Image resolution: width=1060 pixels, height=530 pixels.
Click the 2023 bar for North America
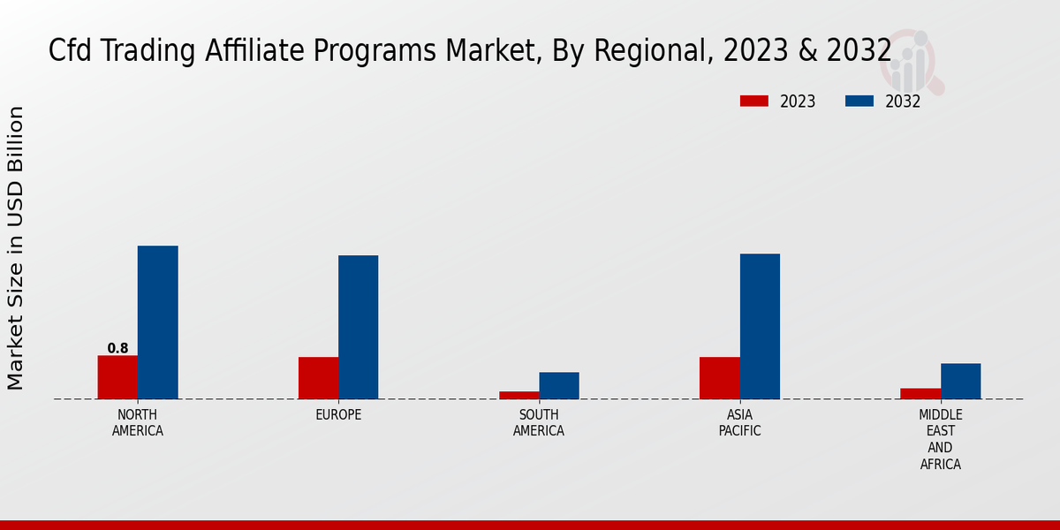pyautogui.click(x=117, y=377)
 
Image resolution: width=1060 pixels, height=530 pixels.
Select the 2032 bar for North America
pyautogui.click(x=158, y=322)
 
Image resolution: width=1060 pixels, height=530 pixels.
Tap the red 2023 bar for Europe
pyautogui.click(x=318, y=378)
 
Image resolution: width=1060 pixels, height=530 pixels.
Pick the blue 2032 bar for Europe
pyautogui.click(x=359, y=327)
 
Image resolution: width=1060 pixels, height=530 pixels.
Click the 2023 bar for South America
pyautogui.click(x=519, y=395)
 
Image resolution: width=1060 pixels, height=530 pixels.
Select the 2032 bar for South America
pyautogui.click(x=559, y=385)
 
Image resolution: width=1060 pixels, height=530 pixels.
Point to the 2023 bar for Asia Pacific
pyautogui.click(x=720, y=378)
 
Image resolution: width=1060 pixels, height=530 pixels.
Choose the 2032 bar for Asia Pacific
pyautogui.click(x=760, y=326)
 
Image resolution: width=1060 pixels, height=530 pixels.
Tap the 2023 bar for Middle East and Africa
pyautogui.click(x=920, y=393)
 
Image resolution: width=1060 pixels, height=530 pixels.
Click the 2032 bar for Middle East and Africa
pyautogui.click(x=960, y=381)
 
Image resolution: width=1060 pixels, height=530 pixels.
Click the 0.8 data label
pyautogui.click(x=117, y=348)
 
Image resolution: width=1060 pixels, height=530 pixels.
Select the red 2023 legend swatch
pyautogui.click(x=753, y=101)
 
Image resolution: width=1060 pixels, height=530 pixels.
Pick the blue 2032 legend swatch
pyautogui.click(x=859, y=101)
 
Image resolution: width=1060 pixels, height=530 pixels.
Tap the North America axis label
pyautogui.click(x=138, y=423)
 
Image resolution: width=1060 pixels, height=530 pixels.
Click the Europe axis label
pyautogui.click(x=338, y=415)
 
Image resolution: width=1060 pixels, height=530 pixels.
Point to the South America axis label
pyautogui.click(x=539, y=423)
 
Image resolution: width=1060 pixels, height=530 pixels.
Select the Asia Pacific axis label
pyautogui.click(x=739, y=423)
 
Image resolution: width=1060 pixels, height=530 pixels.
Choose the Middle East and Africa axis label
pyautogui.click(x=940, y=439)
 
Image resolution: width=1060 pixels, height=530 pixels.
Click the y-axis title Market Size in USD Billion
pyautogui.click(x=16, y=247)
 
